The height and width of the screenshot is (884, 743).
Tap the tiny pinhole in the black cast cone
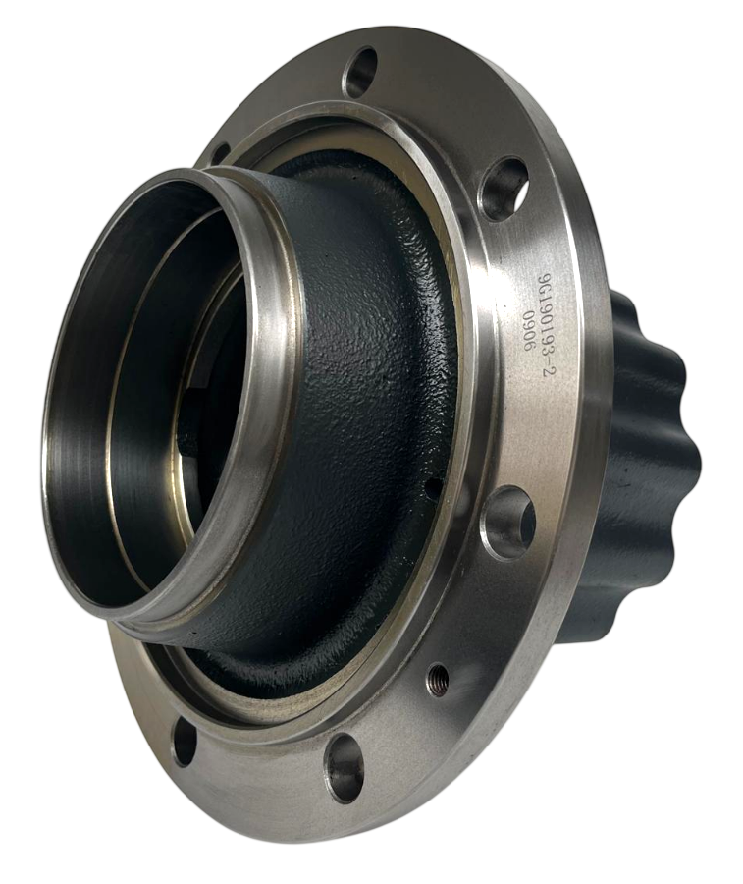(432, 483)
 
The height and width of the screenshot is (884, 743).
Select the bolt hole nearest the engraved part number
(505, 188)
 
